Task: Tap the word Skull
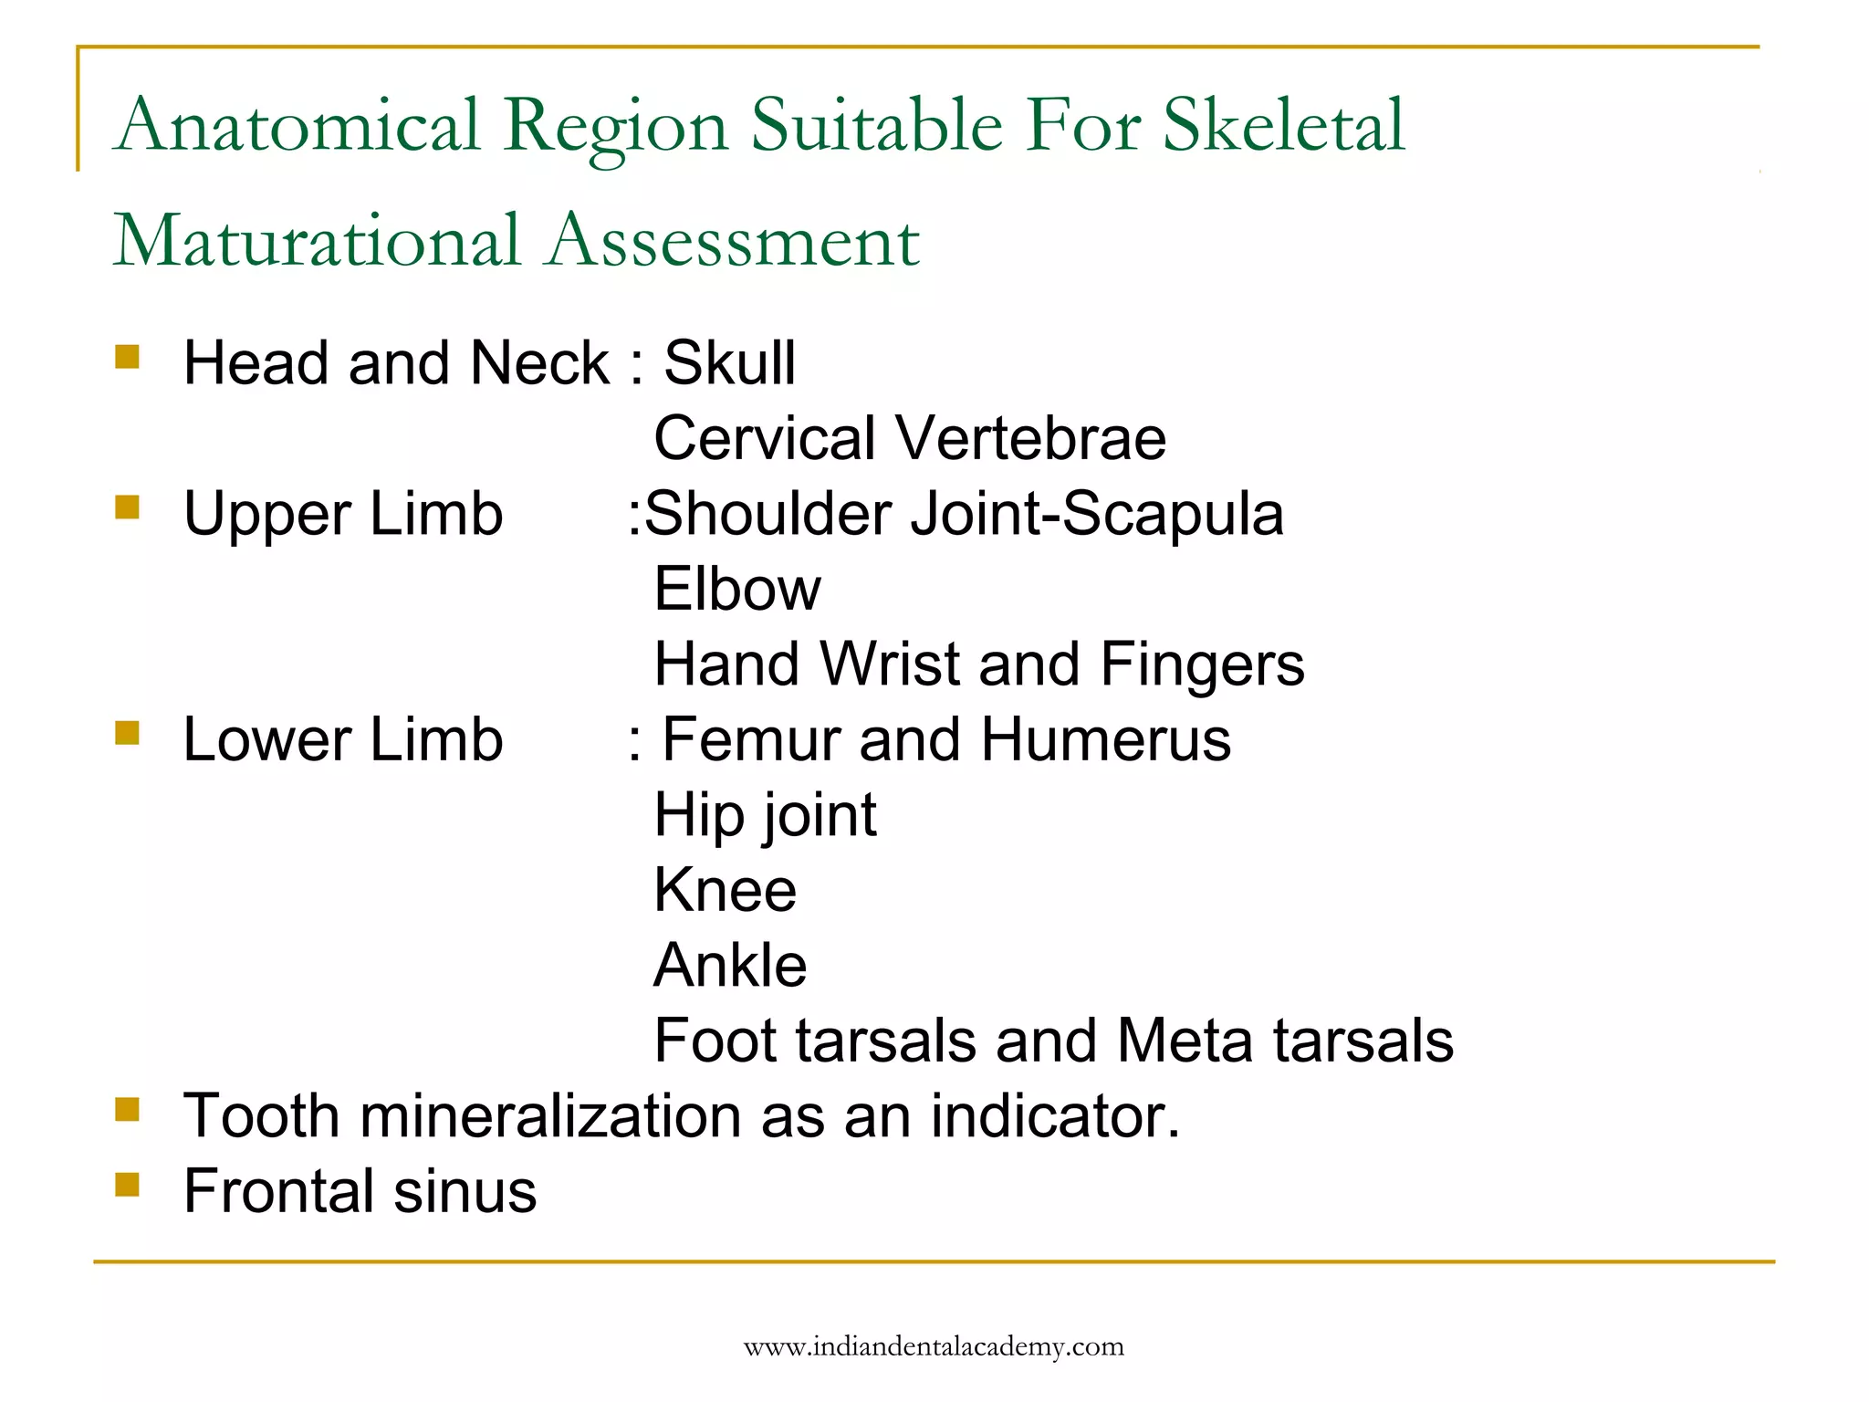point(729,363)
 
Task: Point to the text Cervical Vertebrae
point(910,438)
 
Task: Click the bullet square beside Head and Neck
point(128,356)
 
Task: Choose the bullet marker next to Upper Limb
point(128,507)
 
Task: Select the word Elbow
point(737,589)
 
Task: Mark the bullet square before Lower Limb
point(128,732)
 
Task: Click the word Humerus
point(1105,739)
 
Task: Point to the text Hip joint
point(765,815)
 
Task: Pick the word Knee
point(726,890)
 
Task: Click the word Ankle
point(730,966)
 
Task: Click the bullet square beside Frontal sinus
point(128,1185)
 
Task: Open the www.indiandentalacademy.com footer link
point(934,1347)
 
